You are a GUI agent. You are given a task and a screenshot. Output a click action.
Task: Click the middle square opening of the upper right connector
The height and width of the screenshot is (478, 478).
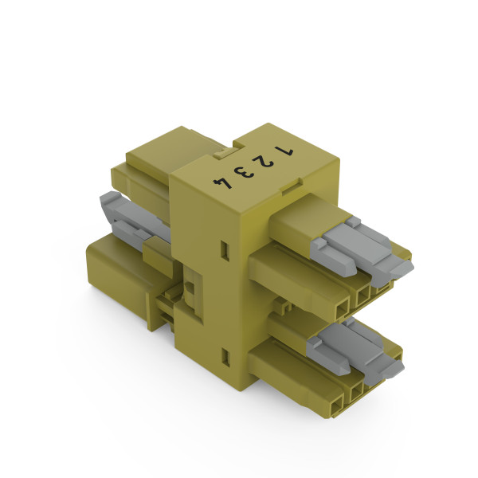point(361,296)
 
